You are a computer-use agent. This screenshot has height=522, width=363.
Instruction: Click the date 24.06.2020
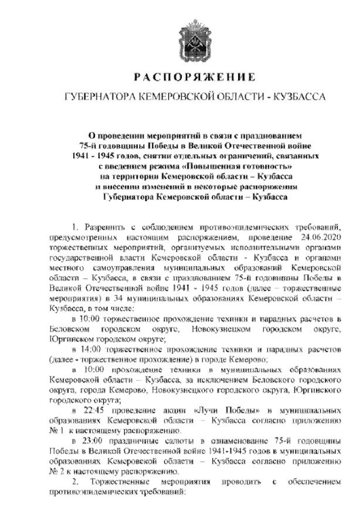pyautogui.click(x=319, y=238)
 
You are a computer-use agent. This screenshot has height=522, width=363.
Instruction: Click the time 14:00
pyautogui.click(x=91, y=350)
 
